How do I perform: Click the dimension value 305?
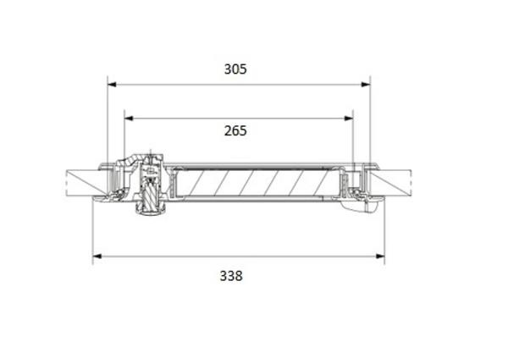pyautogui.click(x=235, y=69)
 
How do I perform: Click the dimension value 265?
pyautogui.click(x=235, y=131)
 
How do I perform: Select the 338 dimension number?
pyautogui.click(x=231, y=276)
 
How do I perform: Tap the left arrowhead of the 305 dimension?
pyautogui.click(x=112, y=85)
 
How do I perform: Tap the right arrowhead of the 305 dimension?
pyautogui.click(x=366, y=85)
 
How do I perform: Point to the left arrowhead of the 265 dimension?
pyautogui.click(x=129, y=119)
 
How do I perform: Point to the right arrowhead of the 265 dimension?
pyautogui.click(x=349, y=119)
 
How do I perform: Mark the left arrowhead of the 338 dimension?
pyautogui.click(x=97, y=256)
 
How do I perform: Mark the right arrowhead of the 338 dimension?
pyautogui.click(x=380, y=256)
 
